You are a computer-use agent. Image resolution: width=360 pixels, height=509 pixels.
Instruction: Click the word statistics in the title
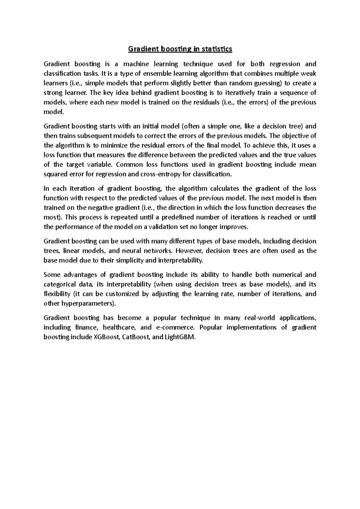point(217,49)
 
